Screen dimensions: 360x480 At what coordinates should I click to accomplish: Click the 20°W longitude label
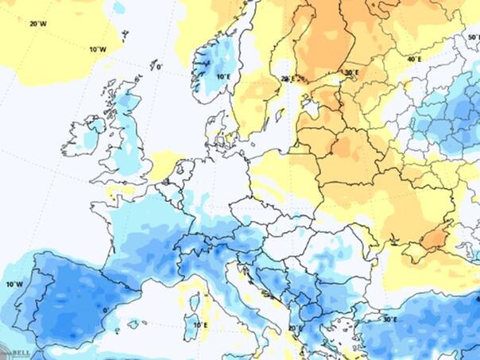click(x=38, y=23)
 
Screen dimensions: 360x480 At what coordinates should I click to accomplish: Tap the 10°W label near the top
click(x=97, y=49)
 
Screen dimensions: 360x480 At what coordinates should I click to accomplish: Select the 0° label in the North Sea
click(x=159, y=68)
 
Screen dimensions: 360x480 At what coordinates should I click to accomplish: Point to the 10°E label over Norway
click(x=224, y=76)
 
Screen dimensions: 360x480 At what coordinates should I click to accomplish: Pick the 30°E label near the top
click(x=351, y=72)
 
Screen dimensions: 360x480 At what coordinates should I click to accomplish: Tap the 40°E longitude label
click(x=414, y=60)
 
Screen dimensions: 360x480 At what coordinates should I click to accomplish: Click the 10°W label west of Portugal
click(x=14, y=284)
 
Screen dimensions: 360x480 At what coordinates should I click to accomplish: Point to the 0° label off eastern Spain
click(x=106, y=310)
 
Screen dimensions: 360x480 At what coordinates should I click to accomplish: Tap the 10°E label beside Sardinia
click(x=201, y=325)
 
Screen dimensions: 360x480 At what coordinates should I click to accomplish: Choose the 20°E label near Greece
click(x=296, y=327)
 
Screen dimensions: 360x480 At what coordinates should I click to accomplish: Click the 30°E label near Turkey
click(x=389, y=319)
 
